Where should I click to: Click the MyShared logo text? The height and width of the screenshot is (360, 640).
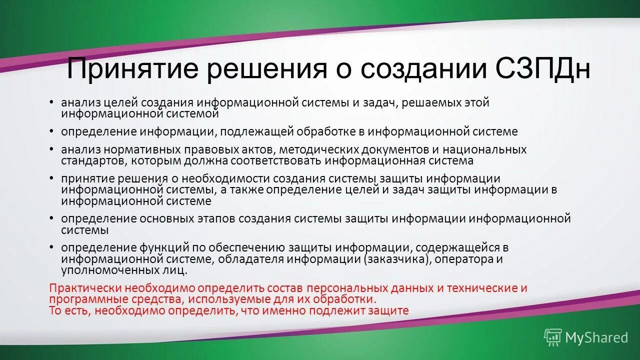[x=596, y=337]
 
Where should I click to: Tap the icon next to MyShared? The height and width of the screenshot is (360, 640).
[x=553, y=337]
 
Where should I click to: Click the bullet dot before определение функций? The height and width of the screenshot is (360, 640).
[x=51, y=247]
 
